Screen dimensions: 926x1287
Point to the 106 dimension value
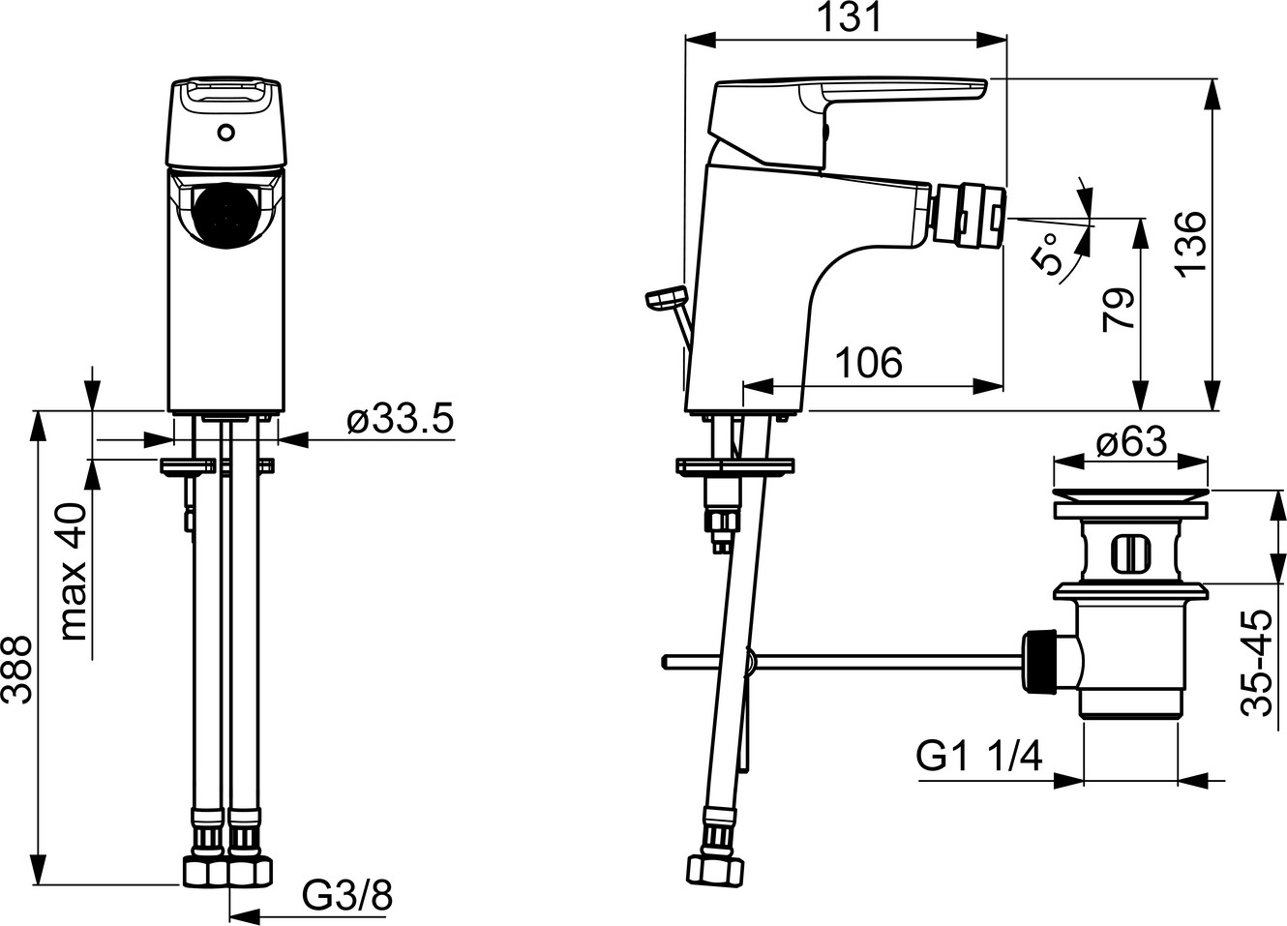tap(868, 363)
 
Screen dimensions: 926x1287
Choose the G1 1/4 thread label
tap(979, 756)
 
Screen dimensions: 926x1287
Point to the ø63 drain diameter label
tap(1131, 443)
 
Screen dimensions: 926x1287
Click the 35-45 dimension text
tap(1257, 663)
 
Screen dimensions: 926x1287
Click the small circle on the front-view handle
tap(227, 132)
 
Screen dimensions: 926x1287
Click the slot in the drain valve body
tap(1125, 554)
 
